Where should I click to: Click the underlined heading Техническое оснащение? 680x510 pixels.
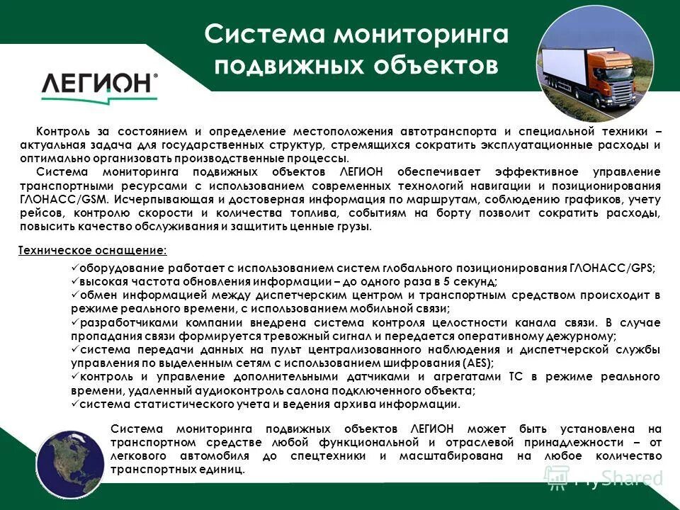tap(91, 250)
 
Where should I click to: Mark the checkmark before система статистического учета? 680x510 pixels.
tap(74, 404)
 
